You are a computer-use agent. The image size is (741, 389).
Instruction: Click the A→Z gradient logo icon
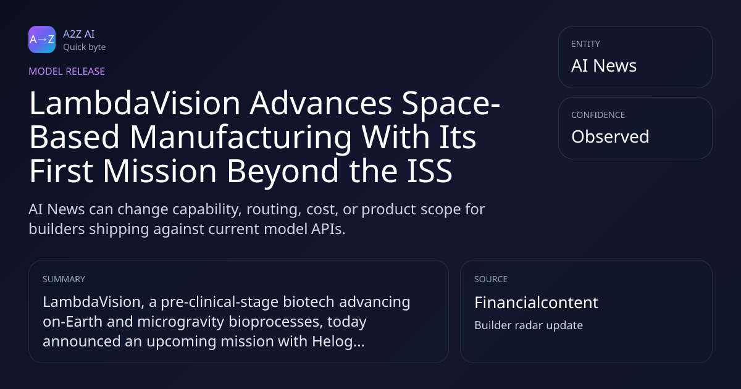tap(42, 40)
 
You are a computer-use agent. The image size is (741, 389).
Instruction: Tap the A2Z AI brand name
tap(79, 34)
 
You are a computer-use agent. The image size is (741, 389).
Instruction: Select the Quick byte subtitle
tap(85, 48)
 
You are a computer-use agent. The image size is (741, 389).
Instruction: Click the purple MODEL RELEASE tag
tap(67, 71)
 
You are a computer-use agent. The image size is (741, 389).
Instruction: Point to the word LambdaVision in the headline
tap(135, 103)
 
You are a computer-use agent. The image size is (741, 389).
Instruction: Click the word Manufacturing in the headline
tap(240, 137)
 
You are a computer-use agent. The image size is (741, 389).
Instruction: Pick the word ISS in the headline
tap(429, 170)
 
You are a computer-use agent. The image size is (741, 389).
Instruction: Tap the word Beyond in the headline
tap(283, 172)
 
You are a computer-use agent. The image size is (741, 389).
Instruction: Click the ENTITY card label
tap(585, 44)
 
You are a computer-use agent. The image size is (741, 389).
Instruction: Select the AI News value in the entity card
tap(604, 65)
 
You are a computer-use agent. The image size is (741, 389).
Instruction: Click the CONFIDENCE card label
tap(598, 115)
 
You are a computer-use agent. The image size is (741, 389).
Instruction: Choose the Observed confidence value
tap(610, 136)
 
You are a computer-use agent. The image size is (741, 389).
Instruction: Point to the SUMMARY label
tap(64, 279)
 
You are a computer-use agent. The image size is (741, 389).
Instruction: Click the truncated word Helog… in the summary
tap(338, 341)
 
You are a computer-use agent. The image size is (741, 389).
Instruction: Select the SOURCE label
tap(490, 279)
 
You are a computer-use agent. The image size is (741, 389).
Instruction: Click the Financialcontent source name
tap(536, 303)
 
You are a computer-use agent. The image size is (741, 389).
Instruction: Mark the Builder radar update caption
tap(529, 325)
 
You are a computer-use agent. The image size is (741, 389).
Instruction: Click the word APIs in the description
tap(328, 229)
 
